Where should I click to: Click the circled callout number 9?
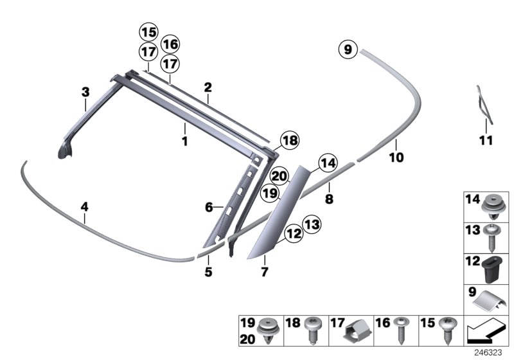coord(348,50)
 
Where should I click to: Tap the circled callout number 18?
coord(290,140)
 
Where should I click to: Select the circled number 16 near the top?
coord(170,44)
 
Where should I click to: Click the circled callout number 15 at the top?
coord(149,32)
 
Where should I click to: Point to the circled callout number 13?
coord(312,224)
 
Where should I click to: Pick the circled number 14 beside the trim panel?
coord(328,163)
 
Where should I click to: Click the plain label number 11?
coord(486,141)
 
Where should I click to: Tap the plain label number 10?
coord(396,157)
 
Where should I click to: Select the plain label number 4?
coord(85,207)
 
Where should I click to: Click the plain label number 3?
coord(85,92)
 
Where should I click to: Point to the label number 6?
coord(209,207)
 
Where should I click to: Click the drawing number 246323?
coord(488,352)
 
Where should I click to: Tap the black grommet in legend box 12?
coord(492,269)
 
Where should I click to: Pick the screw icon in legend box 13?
coord(491,237)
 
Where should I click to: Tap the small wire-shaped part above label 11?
coord(484,105)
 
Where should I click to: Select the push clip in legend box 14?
coord(492,208)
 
